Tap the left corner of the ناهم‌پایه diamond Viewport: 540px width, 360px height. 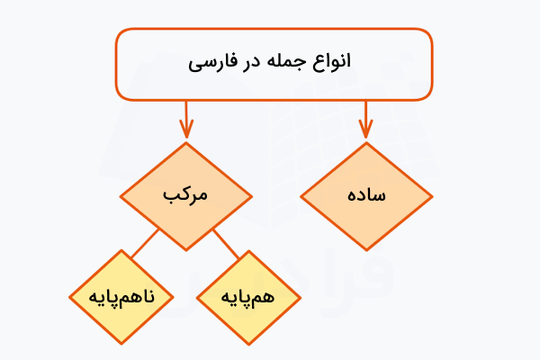(x=69, y=297)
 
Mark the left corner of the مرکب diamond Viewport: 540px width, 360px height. (x=120, y=196)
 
